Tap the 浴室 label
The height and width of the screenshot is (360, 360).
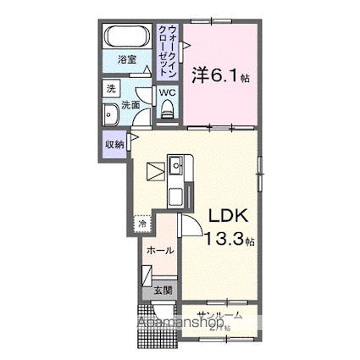pyautogui.click(x=125, y=61)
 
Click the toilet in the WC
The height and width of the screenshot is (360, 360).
pyautogui.click(x=167, y=107)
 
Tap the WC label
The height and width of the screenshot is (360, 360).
pyautogui.click(x=167, y=91)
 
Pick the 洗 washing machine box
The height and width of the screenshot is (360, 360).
pyautogui.click(x=111, y=88)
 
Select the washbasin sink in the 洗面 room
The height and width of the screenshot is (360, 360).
pyautogui.click(x=110, y=117)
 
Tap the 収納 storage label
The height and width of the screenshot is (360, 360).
pyautogui.click(x=114, y=144)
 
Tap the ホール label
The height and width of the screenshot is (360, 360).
pyautogui.click(x=159, y=251)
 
